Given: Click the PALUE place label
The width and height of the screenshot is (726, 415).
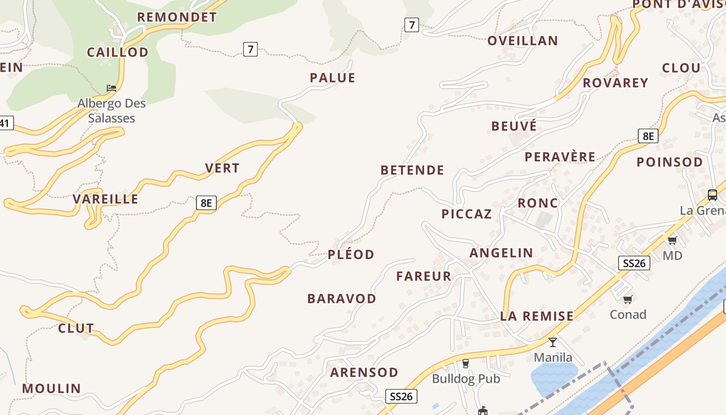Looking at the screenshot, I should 332,78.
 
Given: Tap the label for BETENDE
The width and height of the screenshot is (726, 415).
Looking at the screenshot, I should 412,170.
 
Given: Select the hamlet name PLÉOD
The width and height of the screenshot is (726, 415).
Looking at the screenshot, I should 351,255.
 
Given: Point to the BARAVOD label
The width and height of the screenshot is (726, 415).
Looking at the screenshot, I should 342,299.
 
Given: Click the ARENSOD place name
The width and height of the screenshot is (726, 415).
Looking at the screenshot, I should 364,372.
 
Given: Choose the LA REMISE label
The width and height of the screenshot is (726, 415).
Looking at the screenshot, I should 537,316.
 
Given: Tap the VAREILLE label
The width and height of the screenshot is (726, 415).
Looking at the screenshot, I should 106,199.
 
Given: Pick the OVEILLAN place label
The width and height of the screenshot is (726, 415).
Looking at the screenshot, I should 523,40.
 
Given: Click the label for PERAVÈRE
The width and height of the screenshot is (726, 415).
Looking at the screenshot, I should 560,157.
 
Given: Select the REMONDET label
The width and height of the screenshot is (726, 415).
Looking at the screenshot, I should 177,17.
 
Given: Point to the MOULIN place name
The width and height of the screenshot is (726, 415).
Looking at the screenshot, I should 51,389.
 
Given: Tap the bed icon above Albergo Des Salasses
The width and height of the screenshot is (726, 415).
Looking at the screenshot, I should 111,88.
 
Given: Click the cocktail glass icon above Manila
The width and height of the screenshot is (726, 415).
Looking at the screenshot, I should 553,342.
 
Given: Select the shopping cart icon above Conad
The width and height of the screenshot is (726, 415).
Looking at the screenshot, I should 628,299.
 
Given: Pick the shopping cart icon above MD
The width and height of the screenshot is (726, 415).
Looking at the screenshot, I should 673,240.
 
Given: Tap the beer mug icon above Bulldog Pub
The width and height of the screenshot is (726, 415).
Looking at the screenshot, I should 466,363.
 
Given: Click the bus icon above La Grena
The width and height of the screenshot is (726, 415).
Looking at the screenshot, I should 713,195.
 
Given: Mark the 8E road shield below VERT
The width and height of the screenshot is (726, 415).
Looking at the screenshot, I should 206,203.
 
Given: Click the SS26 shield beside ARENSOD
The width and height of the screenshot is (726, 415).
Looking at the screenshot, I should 401,396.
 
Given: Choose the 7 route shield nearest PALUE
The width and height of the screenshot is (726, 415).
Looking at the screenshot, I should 250,49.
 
